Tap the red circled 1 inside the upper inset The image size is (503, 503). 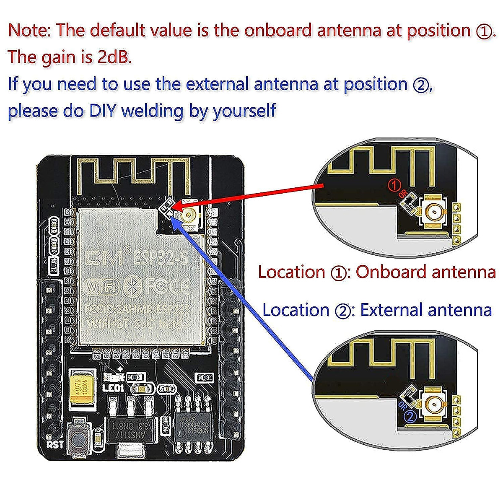(x=394, y=185)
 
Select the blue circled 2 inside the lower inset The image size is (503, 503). (x=410, y=417)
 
